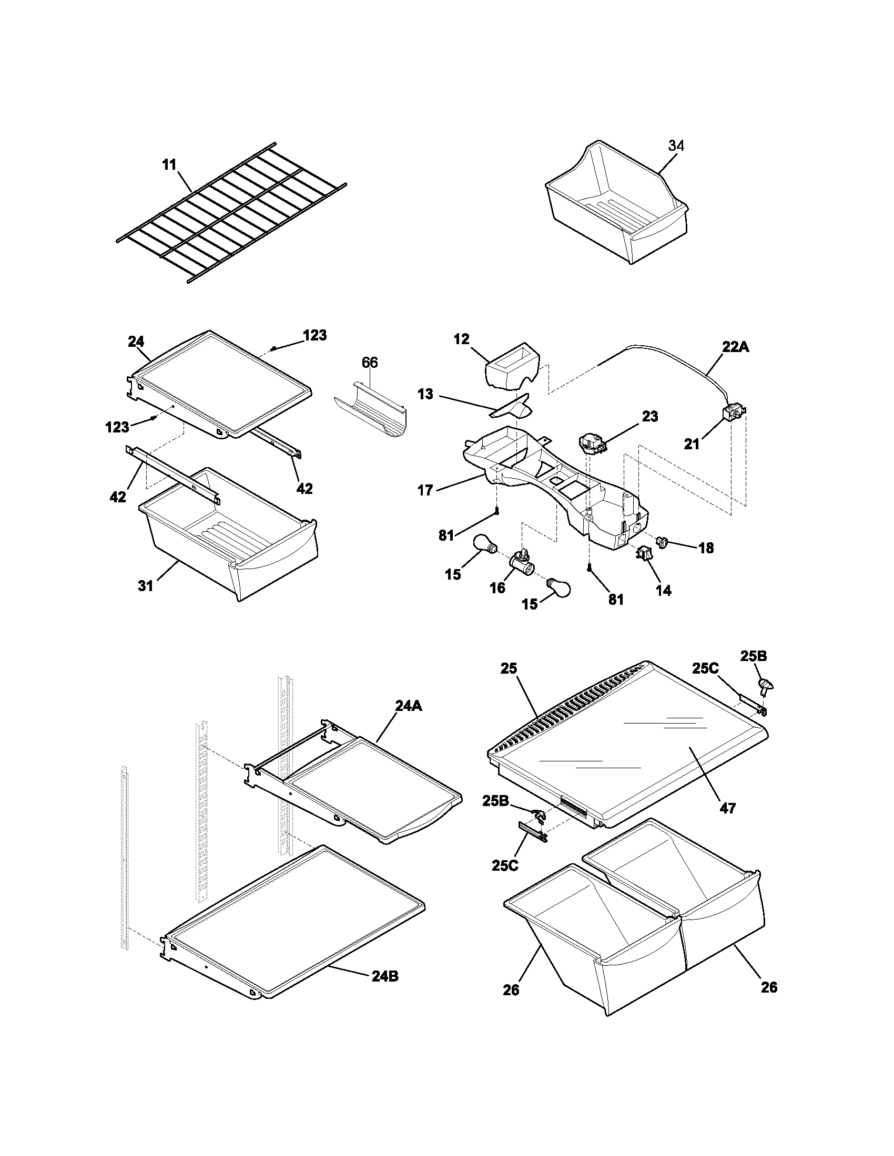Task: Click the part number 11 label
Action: click(x=169, y=164)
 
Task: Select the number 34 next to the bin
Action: click(x=676, y=146)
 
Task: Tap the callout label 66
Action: click(x=370, y=363)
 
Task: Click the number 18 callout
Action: click(x=705, y=548)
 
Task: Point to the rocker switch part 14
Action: click(x=644, y=554)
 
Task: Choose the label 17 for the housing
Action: click(x=425, y=490)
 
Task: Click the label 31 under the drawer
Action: click(x=146, y=585)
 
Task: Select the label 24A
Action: click(x=408, y=706)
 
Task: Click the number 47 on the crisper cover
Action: click(x=728, y=808)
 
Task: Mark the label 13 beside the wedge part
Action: click(x=425, y=394)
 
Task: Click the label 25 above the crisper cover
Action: click(x=509, y=668)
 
